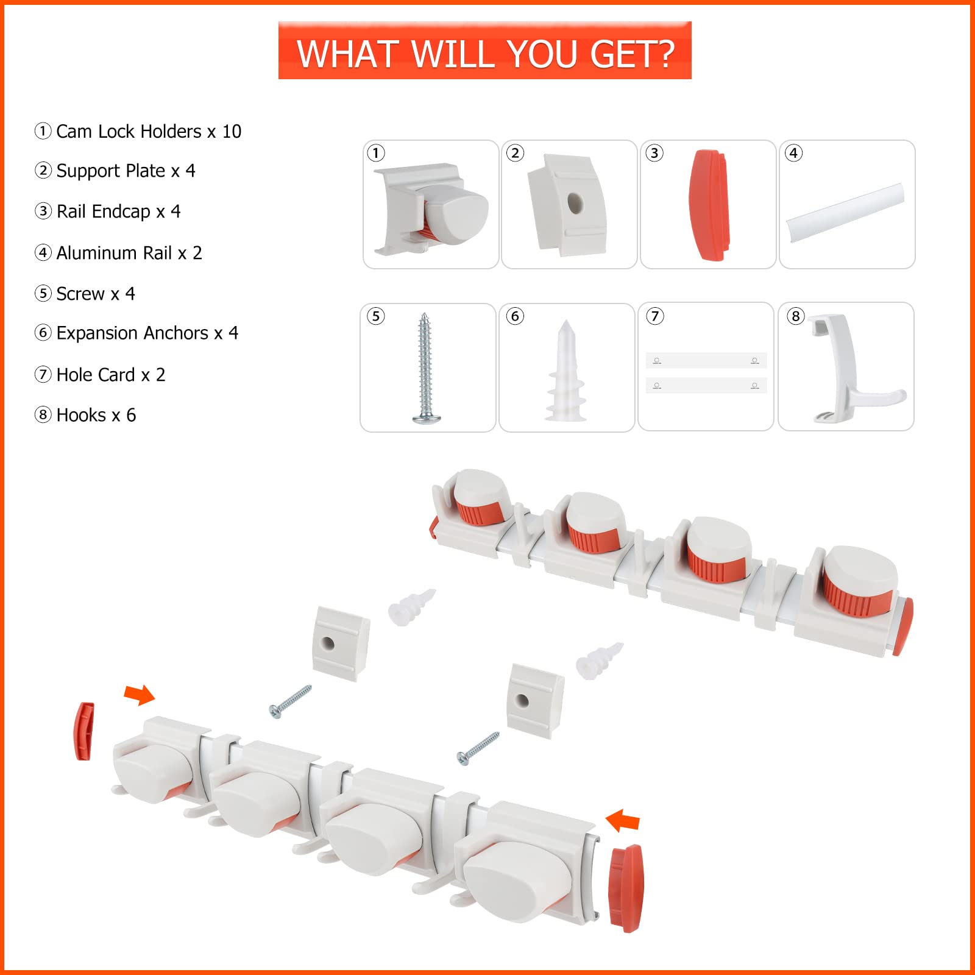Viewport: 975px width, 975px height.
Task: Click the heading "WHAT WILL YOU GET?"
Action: point(485,54)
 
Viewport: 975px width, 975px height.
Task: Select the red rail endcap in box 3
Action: point(709,205)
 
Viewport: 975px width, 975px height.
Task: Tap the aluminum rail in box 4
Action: point(845,213)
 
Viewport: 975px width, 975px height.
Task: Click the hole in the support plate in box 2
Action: point(575,204)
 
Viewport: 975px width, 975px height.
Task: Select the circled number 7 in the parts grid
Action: point(654,316)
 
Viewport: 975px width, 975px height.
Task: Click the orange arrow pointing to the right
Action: point(140,694)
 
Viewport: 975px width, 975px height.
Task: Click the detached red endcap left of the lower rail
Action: point(85,731)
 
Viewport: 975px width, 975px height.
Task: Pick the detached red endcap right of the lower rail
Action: point(626,888)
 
